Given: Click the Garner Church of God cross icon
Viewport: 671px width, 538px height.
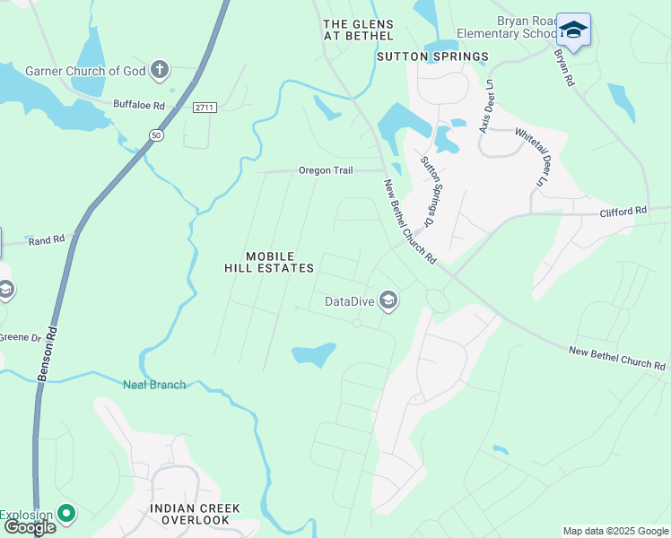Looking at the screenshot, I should click(160, 70).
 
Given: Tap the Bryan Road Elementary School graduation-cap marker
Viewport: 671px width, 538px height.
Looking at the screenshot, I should click(573, 30).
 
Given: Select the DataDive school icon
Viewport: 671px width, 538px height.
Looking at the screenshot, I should click(388, 300).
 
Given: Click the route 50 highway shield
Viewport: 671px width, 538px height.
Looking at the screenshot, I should click(156, 134).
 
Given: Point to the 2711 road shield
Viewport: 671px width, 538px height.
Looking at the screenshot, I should click(205, 108).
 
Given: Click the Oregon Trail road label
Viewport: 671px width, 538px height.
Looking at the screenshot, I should click(327, 170).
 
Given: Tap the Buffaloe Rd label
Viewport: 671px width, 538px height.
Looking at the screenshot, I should click(139, 105).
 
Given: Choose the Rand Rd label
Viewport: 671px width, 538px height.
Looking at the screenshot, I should click(47, 240).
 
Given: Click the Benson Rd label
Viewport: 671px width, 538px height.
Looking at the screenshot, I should click(46, 354).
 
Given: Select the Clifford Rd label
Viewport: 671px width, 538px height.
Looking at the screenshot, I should click(623, 211).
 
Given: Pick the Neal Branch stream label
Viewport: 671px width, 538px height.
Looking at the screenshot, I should click(154, 385).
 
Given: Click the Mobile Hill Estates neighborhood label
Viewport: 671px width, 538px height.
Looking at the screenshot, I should click(269, 262).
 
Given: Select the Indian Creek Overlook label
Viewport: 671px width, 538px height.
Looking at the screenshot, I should click(195, 514).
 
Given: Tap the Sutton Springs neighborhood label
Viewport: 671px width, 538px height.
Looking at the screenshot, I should click(432, 56).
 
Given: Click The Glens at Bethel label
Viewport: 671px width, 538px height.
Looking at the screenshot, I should click(358, 30).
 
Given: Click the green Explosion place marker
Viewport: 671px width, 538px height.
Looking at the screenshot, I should click(65, 514).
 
